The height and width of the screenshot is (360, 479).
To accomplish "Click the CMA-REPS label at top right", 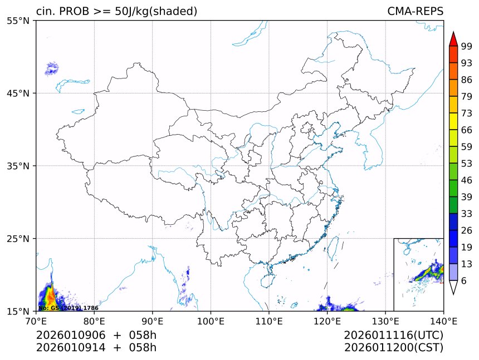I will pos(415,12).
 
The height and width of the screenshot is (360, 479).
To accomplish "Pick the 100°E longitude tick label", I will pos(211,320).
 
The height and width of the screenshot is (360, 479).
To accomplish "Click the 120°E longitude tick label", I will pos(327,320).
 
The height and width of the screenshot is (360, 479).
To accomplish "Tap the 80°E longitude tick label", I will pos(94,320).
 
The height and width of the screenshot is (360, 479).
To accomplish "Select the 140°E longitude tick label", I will pos(443,320).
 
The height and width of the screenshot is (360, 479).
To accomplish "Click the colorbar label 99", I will pos(467,47).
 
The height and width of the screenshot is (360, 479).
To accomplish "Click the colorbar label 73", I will pos(467,114).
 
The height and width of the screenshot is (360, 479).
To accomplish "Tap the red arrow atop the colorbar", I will pos(453,39).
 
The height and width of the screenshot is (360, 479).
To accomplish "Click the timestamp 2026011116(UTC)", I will pos(393,335).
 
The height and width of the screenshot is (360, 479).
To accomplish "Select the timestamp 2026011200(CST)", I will pos(393,348).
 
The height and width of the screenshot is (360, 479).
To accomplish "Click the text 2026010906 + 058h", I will pos(96,335).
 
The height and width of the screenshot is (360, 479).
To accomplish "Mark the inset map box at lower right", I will pos(418,274).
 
